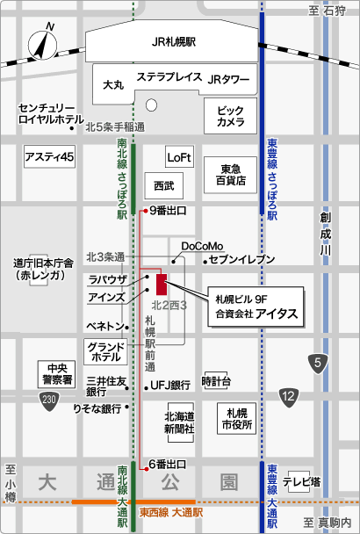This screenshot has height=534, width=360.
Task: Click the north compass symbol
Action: point(41,44)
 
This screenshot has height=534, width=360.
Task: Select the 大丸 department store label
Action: point(113,84)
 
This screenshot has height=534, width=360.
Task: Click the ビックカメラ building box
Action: point(231,115)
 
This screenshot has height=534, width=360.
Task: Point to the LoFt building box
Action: point(178,157)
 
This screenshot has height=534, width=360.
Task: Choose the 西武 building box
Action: point(164,186)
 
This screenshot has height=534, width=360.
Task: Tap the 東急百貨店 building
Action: point(232,175)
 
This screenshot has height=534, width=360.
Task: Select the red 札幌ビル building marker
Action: point(161,285)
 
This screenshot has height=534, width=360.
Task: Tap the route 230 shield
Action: point(50,400)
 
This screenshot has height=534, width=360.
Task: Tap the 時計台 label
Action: point(216,381)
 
